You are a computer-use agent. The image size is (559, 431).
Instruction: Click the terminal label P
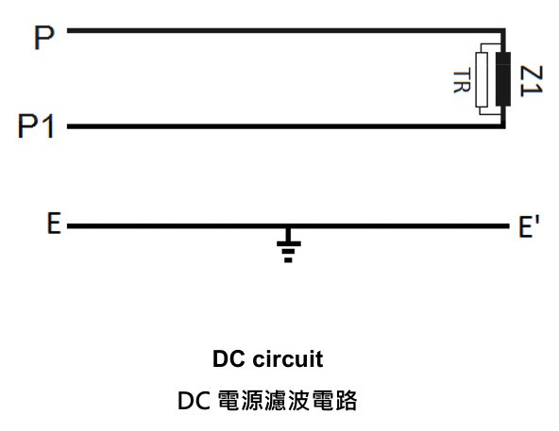coord(44,38)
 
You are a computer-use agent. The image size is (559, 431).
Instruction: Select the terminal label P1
coord(36,125)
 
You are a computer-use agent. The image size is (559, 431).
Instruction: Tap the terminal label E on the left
coord(54,223)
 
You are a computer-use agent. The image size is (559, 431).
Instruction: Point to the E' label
coord(529,225)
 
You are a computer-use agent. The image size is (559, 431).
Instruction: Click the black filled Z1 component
coord(503,79)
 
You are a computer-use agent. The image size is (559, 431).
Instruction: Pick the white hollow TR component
coord(482,79)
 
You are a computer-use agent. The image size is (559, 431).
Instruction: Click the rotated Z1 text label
coord(532,81)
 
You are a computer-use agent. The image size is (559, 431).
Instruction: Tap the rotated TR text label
coord(462,82)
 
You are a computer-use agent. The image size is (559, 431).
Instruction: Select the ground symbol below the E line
coord(288,246)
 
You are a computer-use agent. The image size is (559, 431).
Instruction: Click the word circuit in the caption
coord(288,358)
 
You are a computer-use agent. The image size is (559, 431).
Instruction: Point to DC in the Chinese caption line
coord(194,401)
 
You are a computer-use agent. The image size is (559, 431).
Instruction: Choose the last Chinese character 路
coord(346,401)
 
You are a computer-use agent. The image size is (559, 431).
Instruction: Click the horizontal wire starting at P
coord(286,30)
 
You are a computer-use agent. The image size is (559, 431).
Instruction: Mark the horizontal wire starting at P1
coord(286,126)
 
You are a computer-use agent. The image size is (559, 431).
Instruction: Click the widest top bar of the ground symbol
coord(289,244)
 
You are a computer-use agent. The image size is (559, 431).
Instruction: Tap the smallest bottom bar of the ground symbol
coord(288,260)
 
